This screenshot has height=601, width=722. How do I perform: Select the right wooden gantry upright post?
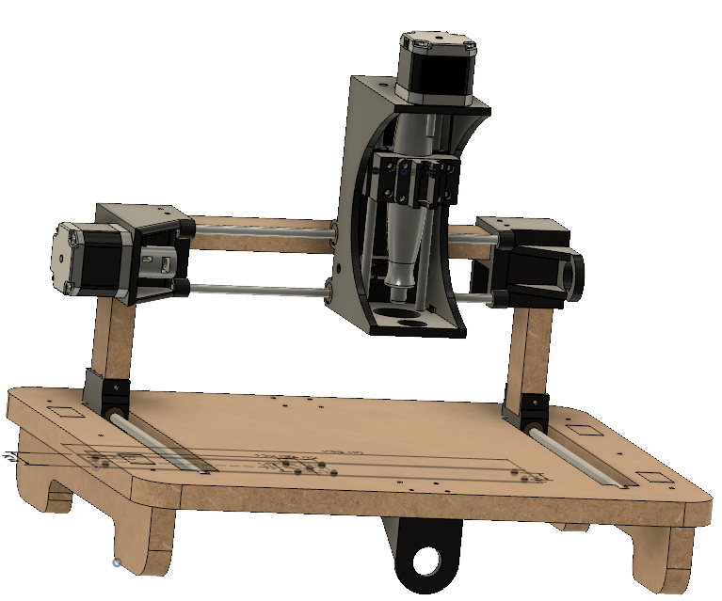(x=526, y=348)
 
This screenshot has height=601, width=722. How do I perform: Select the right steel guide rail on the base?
(x=584, y=461)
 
